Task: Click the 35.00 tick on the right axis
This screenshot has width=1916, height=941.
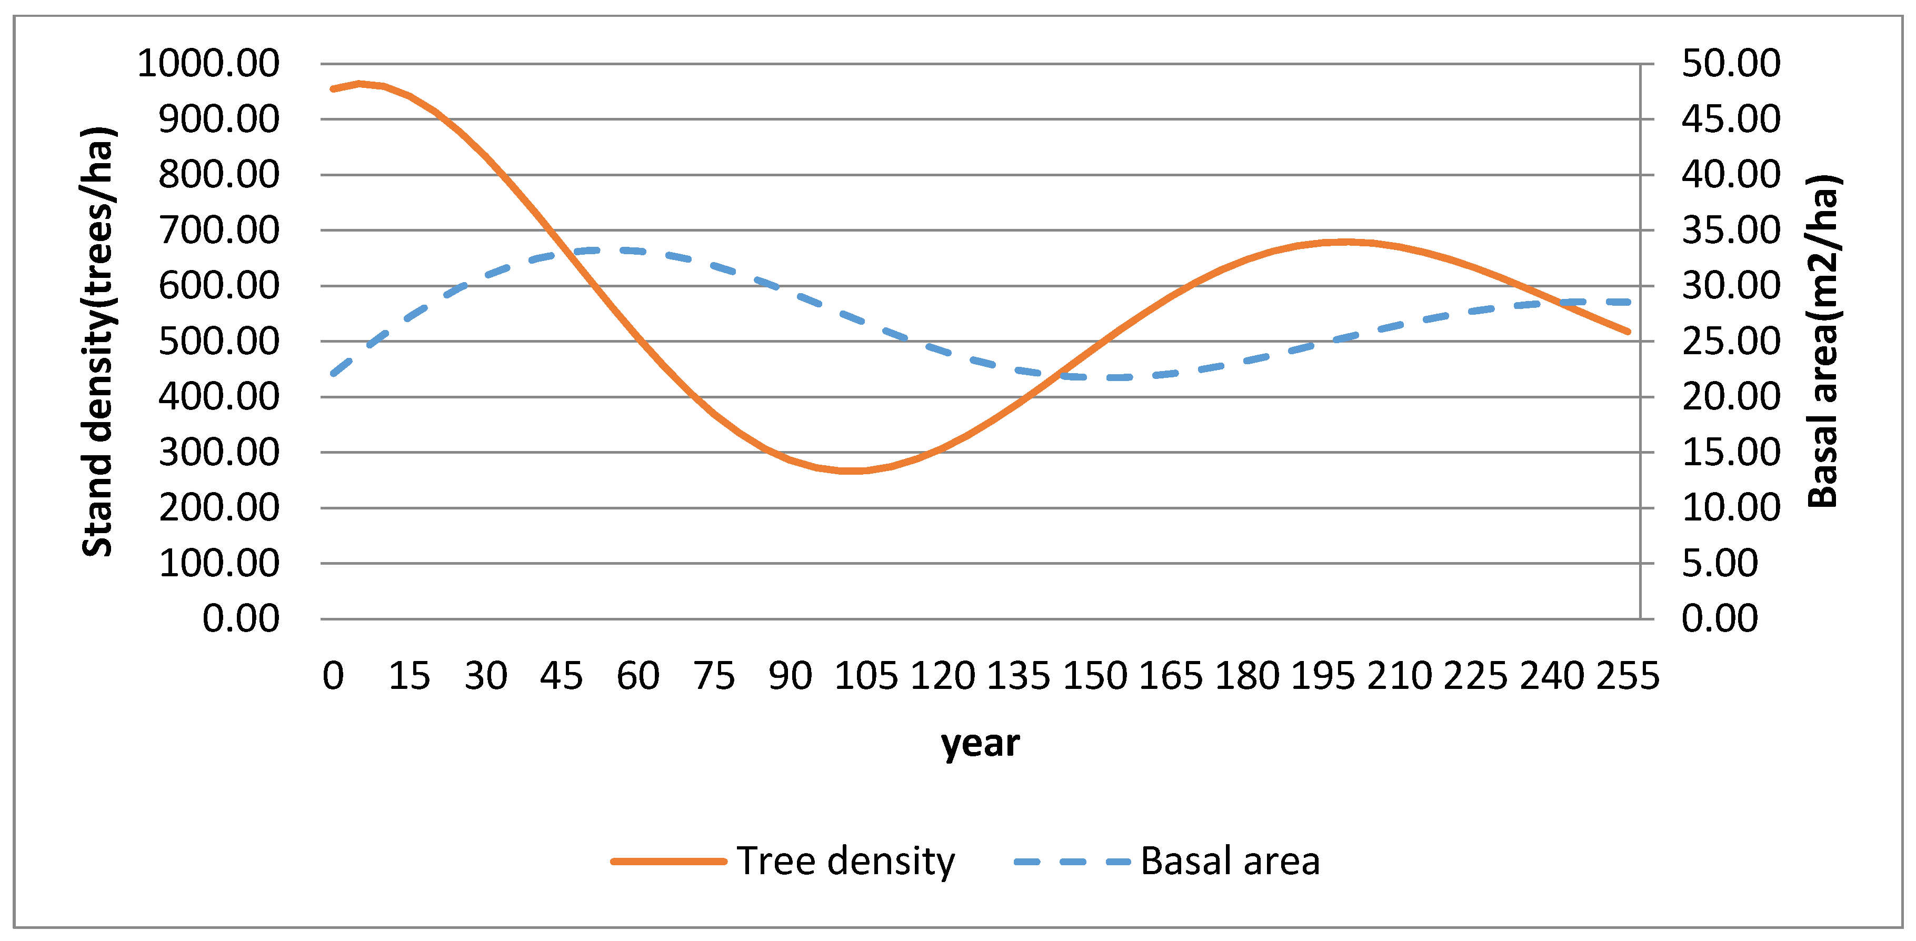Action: click(x=1731, y=230)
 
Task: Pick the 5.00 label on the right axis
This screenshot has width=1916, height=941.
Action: click(x=1720, y=563)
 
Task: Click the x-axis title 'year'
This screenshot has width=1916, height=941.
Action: click(x=980, y=743)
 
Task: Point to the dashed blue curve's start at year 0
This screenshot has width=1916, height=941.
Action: click(x=333, y=374)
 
